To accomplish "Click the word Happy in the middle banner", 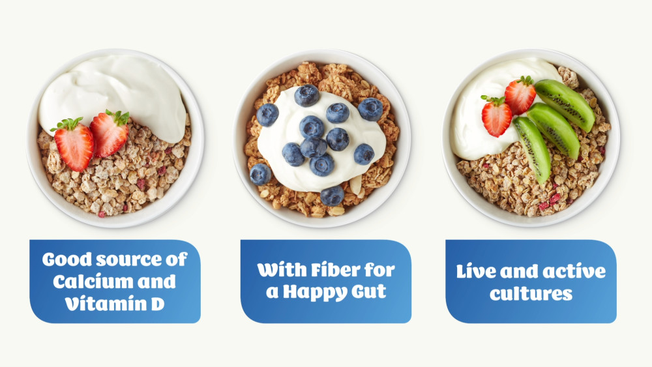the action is point(315,292).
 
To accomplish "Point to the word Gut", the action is point(369,291).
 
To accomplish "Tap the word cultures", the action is point(531,294).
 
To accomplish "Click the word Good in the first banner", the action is point(67,259).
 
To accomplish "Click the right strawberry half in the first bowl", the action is point(110,132).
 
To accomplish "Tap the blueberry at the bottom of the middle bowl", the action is point(333,196).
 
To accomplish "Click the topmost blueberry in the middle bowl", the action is point(307,95).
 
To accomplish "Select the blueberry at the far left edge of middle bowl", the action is point(260,174).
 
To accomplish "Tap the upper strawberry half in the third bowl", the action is point(520,95).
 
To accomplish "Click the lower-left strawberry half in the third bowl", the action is point(496,117).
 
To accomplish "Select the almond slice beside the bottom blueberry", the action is point(355,185).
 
